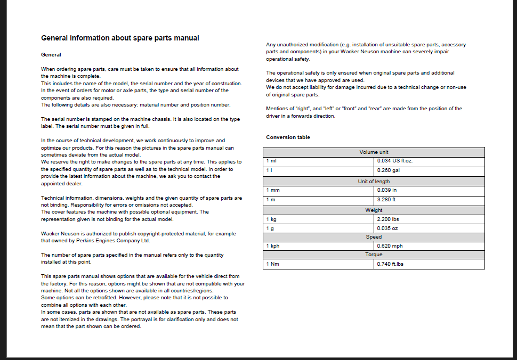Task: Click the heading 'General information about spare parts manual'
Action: pos(120,38)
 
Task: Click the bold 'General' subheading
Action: pos(51,55)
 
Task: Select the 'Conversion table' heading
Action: pos(288,137)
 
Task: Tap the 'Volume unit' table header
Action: pos(374,152)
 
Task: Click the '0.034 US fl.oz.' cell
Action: pos(394,161)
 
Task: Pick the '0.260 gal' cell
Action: pos(388,170)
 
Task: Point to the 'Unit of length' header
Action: pos(374,182)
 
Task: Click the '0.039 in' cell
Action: pos(386,190)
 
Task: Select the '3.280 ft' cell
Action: pos(386,200)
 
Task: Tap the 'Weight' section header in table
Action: pos(374,210)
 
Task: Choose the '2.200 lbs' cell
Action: pos(388,219)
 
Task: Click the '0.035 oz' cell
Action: pos(387,228)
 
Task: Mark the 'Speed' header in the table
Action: pos(374,237)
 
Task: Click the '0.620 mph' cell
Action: pos(390,247)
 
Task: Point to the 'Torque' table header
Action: pos(374,255)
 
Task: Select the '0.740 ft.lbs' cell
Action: pos(390,264)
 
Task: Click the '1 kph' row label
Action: pos(272,247)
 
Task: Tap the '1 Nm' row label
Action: pos(272,264)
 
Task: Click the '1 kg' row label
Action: pos(271,219)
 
